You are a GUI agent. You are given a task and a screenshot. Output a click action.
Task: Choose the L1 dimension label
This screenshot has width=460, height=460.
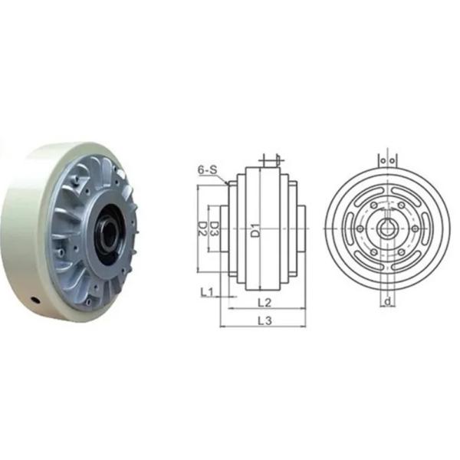pyautogui.click(x=206, y=292)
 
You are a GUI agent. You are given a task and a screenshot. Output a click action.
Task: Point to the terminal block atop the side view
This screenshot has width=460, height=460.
pyautogui.click(x=268, y=161)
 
